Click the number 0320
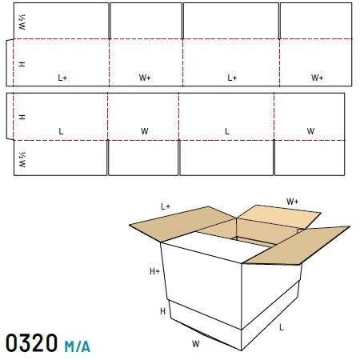(31, 343)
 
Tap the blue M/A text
(77, 346)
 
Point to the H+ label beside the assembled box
(154, 271)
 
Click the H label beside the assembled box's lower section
(162, 311)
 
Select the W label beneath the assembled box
(195, 344)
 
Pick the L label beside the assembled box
(282, 327)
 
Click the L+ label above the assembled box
(166, 206)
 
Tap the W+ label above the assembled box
(292, 202)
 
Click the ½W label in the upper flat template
(22, 22)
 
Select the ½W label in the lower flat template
(22, 159)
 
